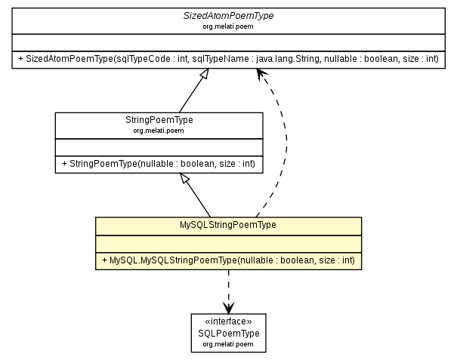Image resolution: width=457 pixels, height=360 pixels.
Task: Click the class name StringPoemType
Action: click(159, 120)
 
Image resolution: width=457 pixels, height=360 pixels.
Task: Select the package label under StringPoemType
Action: click(159, 130)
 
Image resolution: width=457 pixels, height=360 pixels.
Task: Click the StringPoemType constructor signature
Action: click(159, 163)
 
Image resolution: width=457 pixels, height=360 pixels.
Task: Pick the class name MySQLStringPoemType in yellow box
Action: click(228, 225)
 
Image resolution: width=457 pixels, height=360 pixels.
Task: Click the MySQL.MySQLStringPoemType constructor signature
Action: click(228, 260)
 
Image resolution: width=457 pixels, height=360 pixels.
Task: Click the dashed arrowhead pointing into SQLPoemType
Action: click(228, 308)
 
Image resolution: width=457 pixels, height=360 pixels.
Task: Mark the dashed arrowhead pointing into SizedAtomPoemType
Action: click(261, 73)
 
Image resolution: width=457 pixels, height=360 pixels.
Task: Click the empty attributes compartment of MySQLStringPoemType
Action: click(228, 242)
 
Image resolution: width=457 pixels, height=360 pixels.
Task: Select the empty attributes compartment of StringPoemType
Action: click(159, 146)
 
